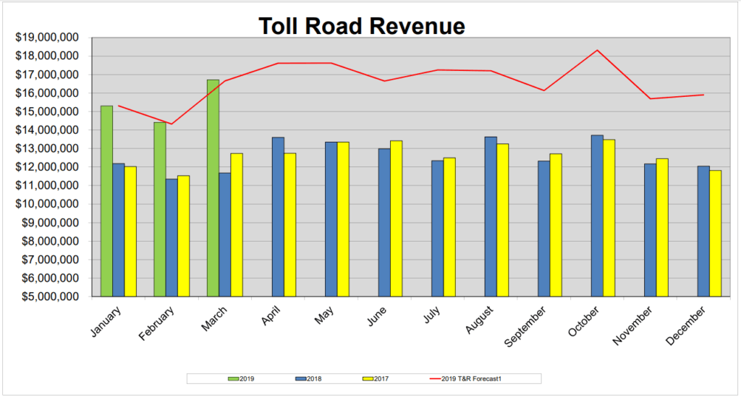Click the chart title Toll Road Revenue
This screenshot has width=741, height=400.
pos(361,26)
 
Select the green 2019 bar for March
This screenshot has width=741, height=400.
pos(213,188)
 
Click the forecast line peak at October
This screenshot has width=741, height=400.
pos(597,50)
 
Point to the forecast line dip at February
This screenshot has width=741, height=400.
pos(171,124)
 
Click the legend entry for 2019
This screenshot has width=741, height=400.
pos(242,378)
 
